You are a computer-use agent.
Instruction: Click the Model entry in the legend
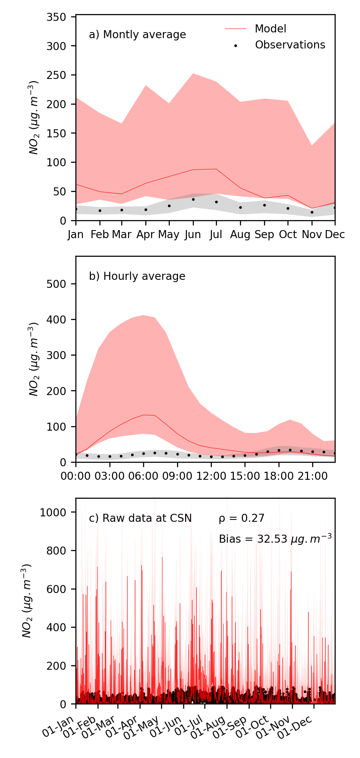point(270,29)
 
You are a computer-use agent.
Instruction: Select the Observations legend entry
point(290,45)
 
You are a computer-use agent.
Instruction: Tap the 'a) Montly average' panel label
point(137,35)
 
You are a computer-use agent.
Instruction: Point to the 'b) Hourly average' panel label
point(137,276)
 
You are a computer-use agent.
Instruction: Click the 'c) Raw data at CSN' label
point(140,518)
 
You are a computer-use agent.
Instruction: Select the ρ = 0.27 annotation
point(242,518)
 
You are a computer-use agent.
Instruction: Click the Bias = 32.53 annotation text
point(275,539)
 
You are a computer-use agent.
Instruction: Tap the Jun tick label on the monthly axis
point(193,235)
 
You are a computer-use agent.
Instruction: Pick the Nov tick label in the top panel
point(312,235)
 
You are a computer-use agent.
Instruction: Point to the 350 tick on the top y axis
point(56,17)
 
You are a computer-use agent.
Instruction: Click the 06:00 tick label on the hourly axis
point(143,476)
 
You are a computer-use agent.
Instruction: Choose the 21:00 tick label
point(313,476)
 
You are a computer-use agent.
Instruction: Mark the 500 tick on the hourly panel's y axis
point(56,284)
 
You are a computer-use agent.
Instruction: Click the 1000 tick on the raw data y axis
point(53,512)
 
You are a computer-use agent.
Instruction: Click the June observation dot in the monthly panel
point(193,200)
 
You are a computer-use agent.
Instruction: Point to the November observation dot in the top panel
point(312,212)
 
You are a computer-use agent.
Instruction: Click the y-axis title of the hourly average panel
point(34,359)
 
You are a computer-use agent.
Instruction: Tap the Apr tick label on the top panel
point(145,235)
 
